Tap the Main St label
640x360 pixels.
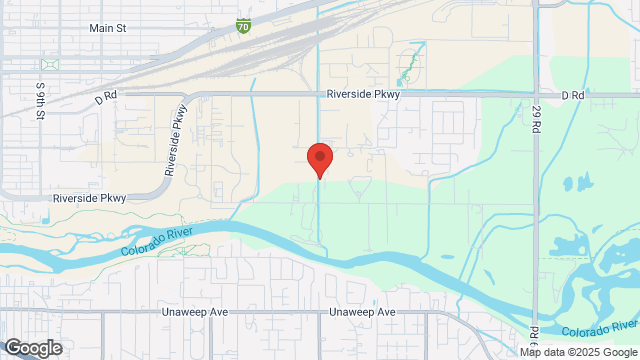(107, 29)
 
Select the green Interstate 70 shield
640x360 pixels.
(244, 24)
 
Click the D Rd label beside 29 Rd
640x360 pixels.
(572, 95)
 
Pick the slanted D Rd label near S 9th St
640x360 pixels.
(107, 99)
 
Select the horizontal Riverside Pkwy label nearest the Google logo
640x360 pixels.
(91, 198)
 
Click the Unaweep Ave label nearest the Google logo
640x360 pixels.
(195, 312)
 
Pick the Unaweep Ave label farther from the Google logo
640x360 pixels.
(363, 312)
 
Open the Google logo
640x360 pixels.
(32, 347)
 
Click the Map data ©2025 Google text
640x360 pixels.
(578, 352)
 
